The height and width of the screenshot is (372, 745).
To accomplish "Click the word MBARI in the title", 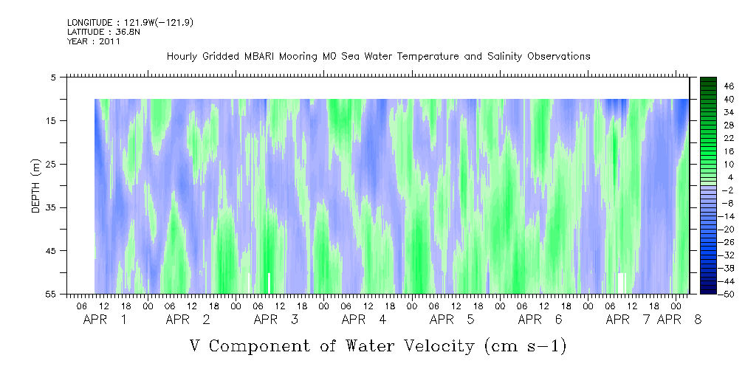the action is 258,57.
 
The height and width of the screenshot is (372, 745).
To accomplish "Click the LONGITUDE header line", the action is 130,23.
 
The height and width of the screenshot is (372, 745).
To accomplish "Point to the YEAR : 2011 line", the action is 94,41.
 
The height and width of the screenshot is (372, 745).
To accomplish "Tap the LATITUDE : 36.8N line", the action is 103,32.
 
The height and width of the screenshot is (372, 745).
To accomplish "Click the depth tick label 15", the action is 52,120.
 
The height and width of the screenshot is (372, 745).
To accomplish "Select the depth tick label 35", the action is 52,207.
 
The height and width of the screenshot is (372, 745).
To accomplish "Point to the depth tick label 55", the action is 52,294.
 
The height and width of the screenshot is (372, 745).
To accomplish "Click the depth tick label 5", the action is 53,77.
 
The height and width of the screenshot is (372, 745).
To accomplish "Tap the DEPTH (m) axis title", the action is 36,186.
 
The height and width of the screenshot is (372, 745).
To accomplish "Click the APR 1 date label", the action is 105,320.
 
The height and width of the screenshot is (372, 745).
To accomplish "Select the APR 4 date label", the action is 364,320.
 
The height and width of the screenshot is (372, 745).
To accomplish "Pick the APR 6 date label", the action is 540,320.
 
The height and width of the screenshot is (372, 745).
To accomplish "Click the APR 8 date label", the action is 679,320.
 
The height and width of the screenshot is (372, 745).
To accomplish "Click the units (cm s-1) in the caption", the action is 526,346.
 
